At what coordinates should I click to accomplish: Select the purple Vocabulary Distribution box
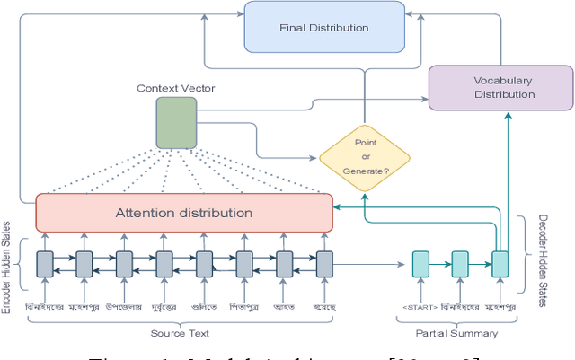(500, 87)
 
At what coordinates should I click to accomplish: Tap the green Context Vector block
(176, 123)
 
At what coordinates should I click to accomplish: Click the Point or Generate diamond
(364, 158)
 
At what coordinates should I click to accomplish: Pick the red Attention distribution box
(183, 213)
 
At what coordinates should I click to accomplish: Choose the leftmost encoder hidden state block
(45, 264)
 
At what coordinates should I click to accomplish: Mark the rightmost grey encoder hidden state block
(324, 264)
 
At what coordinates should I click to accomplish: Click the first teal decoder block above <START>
(420, 264)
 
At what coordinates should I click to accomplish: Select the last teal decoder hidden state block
(500, 264)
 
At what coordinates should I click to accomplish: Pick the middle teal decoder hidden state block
(460, 264)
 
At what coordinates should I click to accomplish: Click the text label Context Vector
(176, 88)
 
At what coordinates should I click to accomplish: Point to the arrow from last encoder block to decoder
(368, 264)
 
